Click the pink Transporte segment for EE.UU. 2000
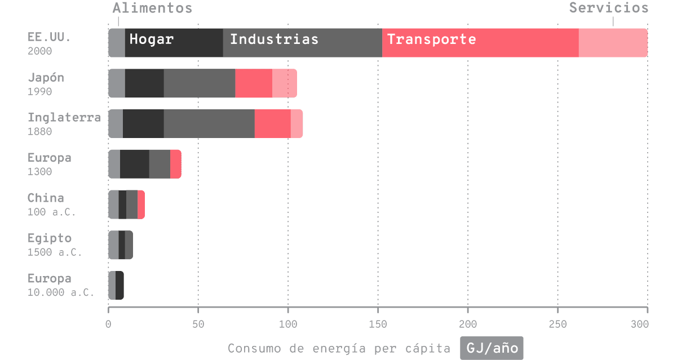[514, 43]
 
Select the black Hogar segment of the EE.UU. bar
[174, 43]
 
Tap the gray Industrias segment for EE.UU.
[302, 43]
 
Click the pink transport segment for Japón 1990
[266, 83]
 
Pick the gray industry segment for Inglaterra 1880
[209, 123]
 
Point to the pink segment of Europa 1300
[175, 164]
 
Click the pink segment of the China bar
[141, 205]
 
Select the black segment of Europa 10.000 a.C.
[119, 285]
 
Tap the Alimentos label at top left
[152, 8]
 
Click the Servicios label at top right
[608, 8]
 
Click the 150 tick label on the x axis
[378, 324]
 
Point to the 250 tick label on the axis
[557, 324]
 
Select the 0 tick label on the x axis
[108, 324]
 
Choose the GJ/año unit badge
[492, 348]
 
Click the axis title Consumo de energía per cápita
[339, 348]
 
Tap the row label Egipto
[50, 238]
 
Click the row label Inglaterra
[64, 118]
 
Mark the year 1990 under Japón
[39, 91]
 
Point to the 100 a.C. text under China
[51, 212]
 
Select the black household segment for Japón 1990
[144, 83]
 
